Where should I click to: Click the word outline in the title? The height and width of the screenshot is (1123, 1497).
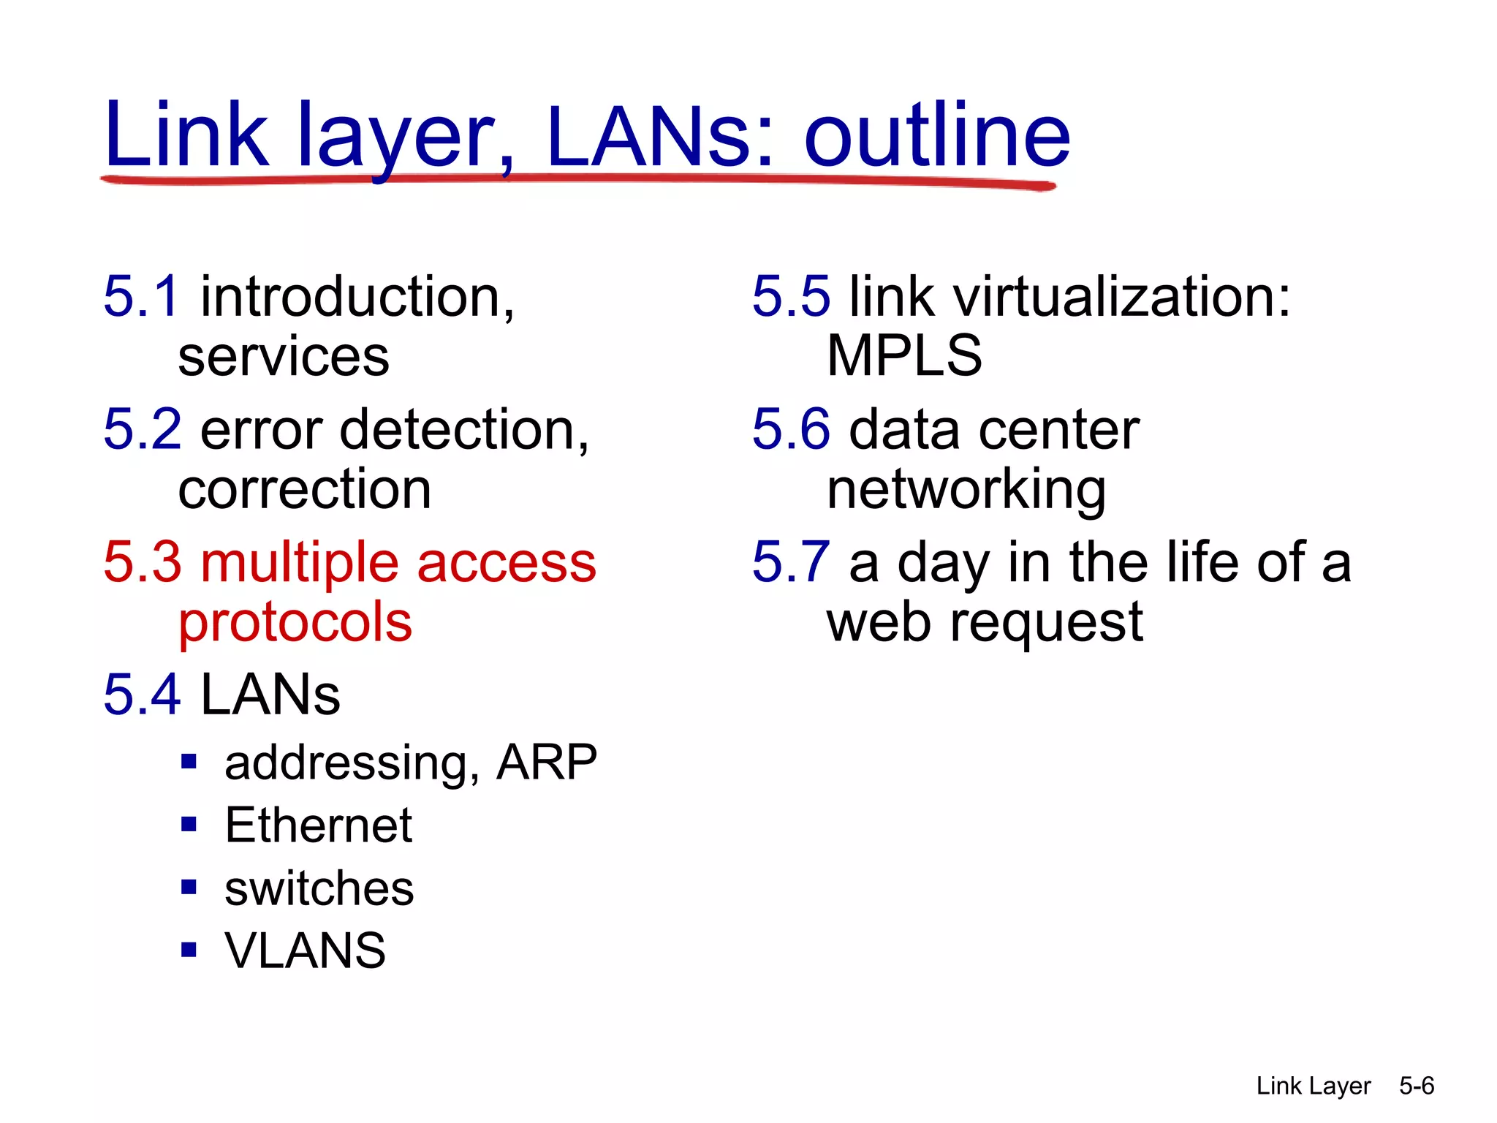click(x=937, y=135)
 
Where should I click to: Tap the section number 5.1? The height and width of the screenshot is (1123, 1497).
click(x=140, y=296)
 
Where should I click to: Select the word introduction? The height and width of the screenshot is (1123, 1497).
click(x=357, y=298)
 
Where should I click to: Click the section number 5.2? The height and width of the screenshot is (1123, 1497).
click(x=142, y=429)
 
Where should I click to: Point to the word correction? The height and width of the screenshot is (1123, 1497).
click(x=304, y=490)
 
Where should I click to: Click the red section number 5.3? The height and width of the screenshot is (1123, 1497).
click(x=142, y=562)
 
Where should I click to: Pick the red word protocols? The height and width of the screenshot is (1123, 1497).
click(x=295, y=623)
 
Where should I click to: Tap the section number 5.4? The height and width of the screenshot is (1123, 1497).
click(x=141, y=694)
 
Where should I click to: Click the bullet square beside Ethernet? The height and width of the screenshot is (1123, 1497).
click(x=189, y=825)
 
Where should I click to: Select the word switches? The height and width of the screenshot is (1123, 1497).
click(x=319, y=889)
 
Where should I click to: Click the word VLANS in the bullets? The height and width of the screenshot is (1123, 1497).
click(x=305, y=951)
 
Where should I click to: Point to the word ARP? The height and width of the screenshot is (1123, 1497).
click(x=546, y=763)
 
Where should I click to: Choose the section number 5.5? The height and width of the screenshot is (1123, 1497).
click(x=791, y=296)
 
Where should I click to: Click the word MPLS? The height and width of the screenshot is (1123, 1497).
click(x=904, y=356)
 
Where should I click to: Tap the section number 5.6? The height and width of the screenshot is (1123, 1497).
click(x=791, y=429)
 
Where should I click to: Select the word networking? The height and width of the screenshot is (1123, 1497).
click(x=966, y=490)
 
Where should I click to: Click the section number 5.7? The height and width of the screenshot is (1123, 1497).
click(x=791, y=562)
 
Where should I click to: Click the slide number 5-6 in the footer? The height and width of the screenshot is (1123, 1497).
click(x=1417, y=1086)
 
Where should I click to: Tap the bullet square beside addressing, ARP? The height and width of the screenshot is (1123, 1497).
click(x=189, y=762)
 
